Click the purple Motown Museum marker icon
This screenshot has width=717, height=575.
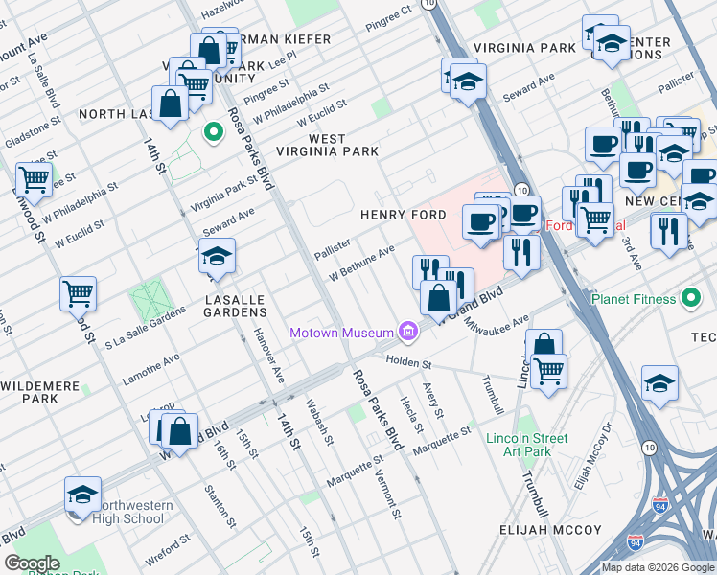409,333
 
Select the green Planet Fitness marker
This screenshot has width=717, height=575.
690,299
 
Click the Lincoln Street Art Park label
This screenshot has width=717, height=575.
519,445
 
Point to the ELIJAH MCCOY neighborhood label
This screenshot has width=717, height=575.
550,530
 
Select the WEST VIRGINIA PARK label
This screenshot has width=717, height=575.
328,145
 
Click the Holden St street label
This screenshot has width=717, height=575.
409,363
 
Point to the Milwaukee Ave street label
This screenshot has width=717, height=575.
495,324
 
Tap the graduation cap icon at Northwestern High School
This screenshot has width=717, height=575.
83,494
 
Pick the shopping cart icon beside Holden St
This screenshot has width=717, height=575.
549,369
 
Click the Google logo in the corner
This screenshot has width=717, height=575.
33,563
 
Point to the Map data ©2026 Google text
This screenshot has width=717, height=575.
658,567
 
